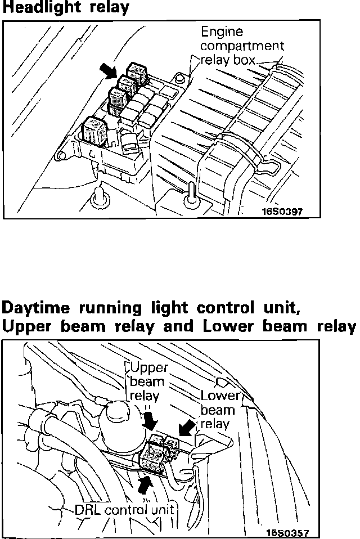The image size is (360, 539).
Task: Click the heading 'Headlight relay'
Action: point(66,8)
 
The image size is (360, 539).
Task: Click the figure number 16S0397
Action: point(282,212)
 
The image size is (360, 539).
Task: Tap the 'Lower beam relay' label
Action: point(220,409)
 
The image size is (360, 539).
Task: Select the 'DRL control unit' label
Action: point(124,511)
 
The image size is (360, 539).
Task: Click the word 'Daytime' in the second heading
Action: point(39,309)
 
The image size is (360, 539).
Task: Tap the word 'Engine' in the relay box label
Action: point(222,32)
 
